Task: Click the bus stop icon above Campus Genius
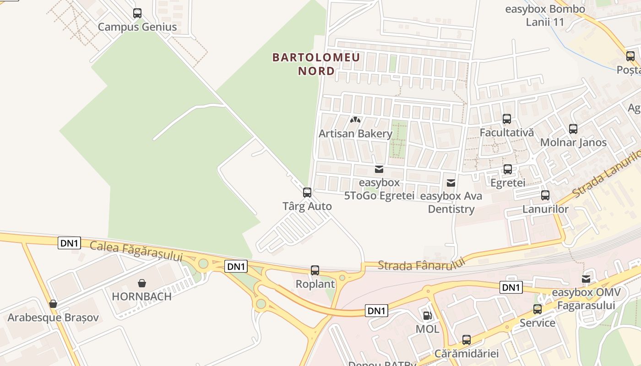pos(137,13)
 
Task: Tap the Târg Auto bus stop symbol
pos(307,193)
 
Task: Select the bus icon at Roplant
pos(315,270)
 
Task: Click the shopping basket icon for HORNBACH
pos(142,283)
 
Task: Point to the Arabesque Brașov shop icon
pos(53,304)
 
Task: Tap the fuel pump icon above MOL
pos(427,315)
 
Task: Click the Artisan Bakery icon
pos(355,120)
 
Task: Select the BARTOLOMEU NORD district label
pos(316,64)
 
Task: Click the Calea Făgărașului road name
pos(136,252)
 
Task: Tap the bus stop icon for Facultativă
pos(507,119)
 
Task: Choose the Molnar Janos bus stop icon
pos(573,129)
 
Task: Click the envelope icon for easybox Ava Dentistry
pos(451,183)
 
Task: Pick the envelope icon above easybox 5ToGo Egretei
pos(379,169)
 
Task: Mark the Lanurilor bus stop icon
pos(545,195)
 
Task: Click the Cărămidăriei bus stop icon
pos(467,340)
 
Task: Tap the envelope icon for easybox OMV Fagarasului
pos(586,279)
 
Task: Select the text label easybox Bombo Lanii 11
pos(545,16)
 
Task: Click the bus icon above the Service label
pos(538,309)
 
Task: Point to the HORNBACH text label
pos(142,296)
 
